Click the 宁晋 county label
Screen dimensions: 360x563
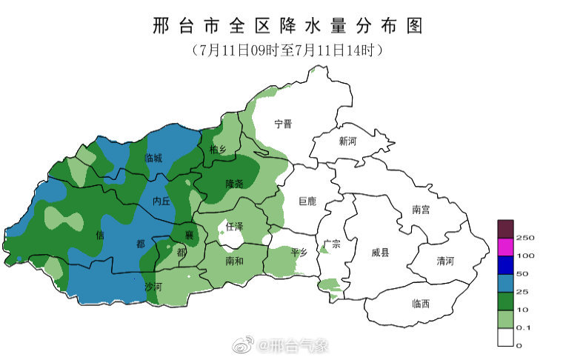coord(283,124)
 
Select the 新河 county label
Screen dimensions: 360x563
coord(347,141)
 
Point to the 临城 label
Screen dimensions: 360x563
coord(153,158)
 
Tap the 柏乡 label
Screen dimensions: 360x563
coord(219,150)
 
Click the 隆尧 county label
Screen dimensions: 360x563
coord(235,183)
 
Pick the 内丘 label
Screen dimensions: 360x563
coord(161,201)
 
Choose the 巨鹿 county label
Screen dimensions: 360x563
coord(307,201)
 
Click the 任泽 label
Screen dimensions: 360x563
coord(235,225)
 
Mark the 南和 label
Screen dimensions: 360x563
coord(235,261)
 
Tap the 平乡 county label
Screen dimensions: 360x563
coord(299,253)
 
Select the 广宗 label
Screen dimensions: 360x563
coord(332,244)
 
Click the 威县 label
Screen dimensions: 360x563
coord(381,253)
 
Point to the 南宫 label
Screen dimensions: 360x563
coord(421,210)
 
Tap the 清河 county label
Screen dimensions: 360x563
coord(445,261)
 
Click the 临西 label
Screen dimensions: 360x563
coord(421,304)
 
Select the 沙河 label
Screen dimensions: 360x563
coord(153,285)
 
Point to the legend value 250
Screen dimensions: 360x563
coord(526,238)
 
